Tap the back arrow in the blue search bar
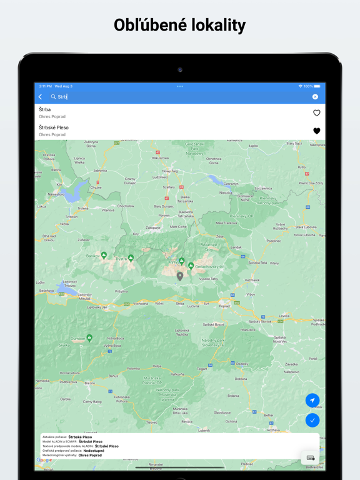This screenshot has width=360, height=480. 41,97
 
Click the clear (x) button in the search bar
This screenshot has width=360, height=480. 315,97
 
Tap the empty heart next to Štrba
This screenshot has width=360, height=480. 316,113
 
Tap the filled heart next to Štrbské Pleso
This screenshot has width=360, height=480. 316,131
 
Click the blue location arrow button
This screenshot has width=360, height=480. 312,400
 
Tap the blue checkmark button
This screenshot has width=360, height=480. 312,420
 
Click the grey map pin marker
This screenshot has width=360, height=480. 180,276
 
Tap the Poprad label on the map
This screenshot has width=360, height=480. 224,306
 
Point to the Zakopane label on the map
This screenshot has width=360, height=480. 153,228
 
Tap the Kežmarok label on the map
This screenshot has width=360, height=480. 252,280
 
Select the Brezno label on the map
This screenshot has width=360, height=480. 89,382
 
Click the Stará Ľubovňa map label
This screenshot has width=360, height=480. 306,227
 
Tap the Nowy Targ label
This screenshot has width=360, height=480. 170,171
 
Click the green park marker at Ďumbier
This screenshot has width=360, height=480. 90,337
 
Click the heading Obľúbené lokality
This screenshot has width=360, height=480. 180,25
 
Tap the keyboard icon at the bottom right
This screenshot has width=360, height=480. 311,458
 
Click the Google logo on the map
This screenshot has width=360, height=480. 44,460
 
